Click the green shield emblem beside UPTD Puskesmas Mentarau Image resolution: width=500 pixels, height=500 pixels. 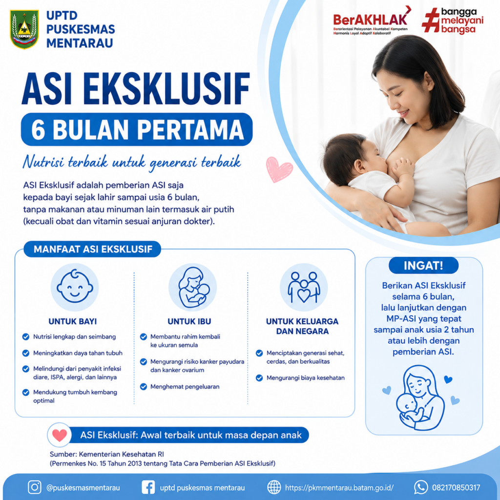tap(24, 29)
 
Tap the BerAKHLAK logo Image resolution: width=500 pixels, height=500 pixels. tap(372, 20)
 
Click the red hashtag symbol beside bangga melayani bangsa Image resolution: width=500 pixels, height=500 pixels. tap(431, 21)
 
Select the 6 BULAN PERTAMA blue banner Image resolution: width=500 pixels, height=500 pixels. tap(137, 129)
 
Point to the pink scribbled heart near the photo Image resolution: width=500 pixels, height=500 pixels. tap(279, 169)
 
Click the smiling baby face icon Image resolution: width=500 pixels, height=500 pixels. tap(75, 287)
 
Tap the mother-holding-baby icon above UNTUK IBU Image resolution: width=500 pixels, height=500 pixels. tap(192, 287)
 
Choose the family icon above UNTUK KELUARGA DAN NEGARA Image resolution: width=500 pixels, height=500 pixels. tap(304, 287)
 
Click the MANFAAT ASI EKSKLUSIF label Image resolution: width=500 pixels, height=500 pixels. tap(92, 249)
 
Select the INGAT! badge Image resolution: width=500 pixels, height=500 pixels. tap(423, 265)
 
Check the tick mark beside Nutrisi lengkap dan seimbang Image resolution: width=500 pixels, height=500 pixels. tap(26, 337)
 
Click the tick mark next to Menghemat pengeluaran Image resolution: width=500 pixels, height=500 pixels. tap(144, 387)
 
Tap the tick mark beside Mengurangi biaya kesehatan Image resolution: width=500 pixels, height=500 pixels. tap(259, 378)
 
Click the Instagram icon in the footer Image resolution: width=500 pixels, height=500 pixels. tap(35, 487)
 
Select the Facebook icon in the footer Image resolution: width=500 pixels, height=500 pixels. tap(148, 487)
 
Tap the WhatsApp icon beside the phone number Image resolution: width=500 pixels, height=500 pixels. tap(421, 487)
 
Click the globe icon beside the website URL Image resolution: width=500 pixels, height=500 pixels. tap(274, 487)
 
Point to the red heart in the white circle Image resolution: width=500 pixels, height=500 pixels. tap(60, 435)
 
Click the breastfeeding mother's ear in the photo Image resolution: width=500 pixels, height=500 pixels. tap(429, 82)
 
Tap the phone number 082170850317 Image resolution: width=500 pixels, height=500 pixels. tap(456, 488)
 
